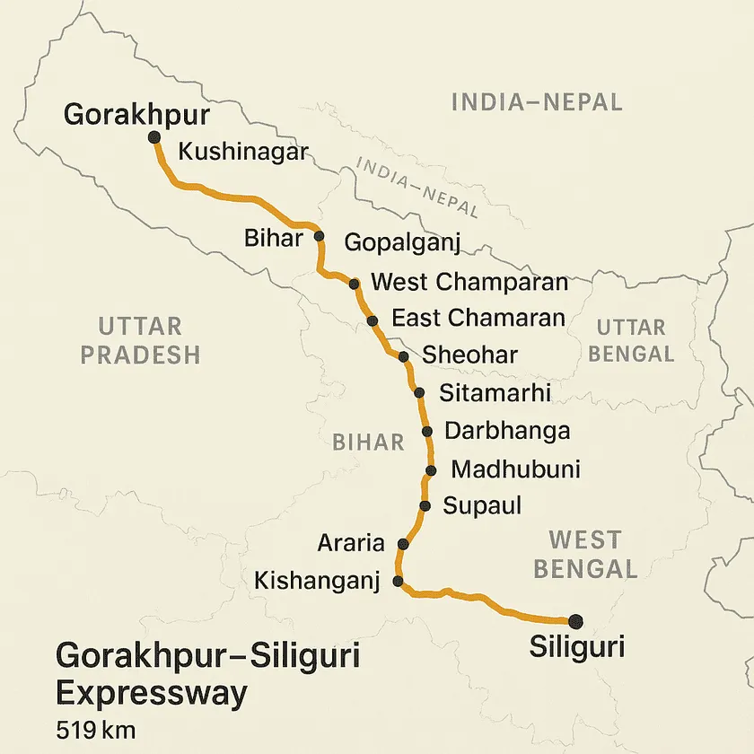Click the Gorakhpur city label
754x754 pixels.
pyautogui.click(x=136, y=115)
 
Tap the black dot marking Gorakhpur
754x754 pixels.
pyautogui.click(x=153, y=136)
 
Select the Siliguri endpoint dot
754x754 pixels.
pyautogui.click(x=574, y=620)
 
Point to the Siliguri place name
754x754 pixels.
pyautogui.click(x=576, y=646)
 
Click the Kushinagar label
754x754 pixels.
pyautogui.click(x=243, y=152)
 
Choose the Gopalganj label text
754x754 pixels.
pyautogui.click(x=402, y=242)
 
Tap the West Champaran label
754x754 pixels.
pyautogui.click(x=469, y=282)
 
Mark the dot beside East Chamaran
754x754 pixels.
pyautogui.click(x=373, y=320)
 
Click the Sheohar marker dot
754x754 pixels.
pyautogui.click(x=404, y=356)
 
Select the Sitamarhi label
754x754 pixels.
pyautogui.click(x=495, y=392)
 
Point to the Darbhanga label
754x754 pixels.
pyautogui.click(x=507, y=431)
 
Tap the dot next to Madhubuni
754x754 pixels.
pyautogui.click(x=432, y=470)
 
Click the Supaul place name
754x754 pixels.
pyautogui.click(x=483, y=506)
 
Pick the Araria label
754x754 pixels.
pyautogui.click(x=351, y=543)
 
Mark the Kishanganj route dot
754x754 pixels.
pyautogui.click(x=399, y=581)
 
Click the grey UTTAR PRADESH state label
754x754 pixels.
pyautogui.click(x=140, y=340)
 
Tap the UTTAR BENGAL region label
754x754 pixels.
pyautogui.click(x=631, y=340)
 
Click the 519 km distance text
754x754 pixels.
pyautogui.click(x=95, y=727)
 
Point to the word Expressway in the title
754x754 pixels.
pyautogui.click(x=152, y=693)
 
